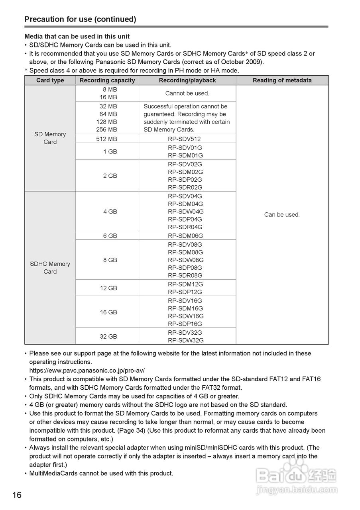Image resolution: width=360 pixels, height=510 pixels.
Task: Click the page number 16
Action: tap(17, 495)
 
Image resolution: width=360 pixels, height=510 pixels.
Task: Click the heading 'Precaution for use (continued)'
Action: tap(80, 19)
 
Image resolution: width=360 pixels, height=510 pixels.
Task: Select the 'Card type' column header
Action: tap(50, 80)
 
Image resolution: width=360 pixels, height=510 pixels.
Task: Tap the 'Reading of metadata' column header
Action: tap(282, 80)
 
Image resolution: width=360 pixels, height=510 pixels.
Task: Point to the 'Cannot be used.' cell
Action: tap(187, 93)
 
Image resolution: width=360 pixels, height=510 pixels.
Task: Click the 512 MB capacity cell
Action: tap(107, 139)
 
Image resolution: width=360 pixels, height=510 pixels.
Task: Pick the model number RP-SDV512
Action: tap(184, 139)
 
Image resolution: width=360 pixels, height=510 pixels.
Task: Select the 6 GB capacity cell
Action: tap(110, 235)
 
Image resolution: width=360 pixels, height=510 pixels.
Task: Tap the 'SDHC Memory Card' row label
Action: tap(50, 268)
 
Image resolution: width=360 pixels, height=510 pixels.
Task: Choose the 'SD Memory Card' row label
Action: tap(50, 138)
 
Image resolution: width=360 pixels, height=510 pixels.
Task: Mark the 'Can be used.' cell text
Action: tap(282, 214)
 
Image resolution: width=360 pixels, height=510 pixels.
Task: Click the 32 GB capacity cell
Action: tap(108, 336)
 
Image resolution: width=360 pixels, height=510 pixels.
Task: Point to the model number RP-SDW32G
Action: tap(185, 340)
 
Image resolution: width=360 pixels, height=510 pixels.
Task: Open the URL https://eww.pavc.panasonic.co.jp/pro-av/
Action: tap(87, 370)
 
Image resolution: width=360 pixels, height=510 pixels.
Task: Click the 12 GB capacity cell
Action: tap(108, 288)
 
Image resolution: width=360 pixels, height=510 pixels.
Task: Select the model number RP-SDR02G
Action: tap(185, 187)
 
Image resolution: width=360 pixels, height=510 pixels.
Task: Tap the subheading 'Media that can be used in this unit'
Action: tap(77, 36)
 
